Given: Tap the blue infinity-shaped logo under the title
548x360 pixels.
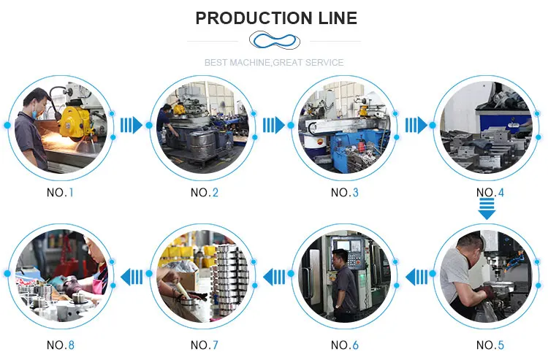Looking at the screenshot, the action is click(274, 39).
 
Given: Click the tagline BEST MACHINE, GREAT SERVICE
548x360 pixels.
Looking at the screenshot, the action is click(274, 63).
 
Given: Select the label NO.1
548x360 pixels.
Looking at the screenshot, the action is click(60, 193).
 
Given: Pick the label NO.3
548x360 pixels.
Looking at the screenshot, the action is click(345, 193).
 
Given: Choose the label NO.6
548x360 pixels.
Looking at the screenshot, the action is click(345, 345).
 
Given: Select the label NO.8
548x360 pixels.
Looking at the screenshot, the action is click(60, 345).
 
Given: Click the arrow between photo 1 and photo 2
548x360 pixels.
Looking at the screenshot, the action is click(132, 126).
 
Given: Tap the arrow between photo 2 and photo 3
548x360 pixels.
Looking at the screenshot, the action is click(273, 126).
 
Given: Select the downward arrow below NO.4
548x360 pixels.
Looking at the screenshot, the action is click(487, 210).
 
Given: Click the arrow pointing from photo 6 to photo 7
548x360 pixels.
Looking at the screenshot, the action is click(273, 277).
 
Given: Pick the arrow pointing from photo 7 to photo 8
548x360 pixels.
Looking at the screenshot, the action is click(132, 277).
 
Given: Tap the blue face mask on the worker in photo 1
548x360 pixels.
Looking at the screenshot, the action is click(34, 114).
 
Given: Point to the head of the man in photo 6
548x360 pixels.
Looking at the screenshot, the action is click(338, 257).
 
